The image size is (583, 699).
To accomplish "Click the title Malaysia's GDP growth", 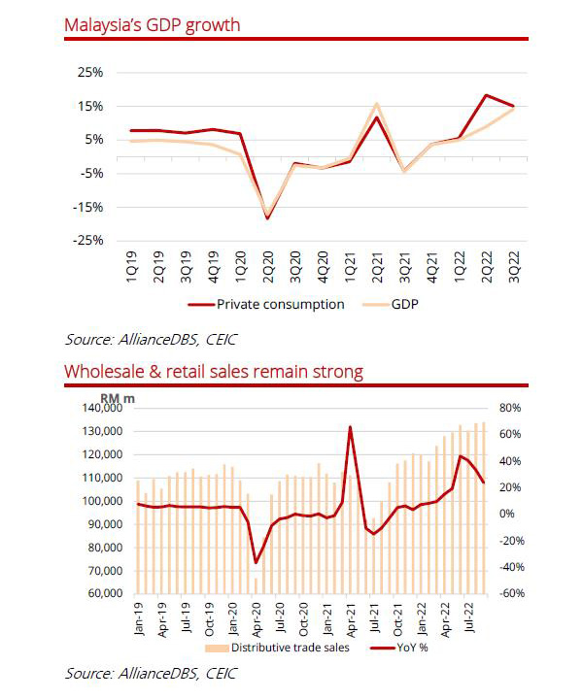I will pyautogui.click(x=152, y=23).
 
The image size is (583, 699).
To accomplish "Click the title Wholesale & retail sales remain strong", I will pyautogui.click(x=214, y=371).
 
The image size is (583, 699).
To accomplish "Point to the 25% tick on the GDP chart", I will pyautogui.click(x=91, y=73).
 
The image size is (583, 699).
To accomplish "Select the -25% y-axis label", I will pyautogui.click(x=88, y=240).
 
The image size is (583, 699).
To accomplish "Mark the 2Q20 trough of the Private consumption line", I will pyautogui.click(x=267, y=218).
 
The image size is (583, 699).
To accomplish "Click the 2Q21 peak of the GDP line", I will pyautogui.click(x=376, y=103).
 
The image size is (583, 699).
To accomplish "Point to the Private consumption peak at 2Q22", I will pyautogui.click(x=486, y=95).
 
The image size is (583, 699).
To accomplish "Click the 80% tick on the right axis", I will pyautogui.click(x=511, y=409).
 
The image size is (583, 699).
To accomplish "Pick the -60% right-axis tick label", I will pyautogui.click(x=511, y=593).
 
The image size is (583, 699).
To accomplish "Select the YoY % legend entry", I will pyautogui.click(x=411, y=648).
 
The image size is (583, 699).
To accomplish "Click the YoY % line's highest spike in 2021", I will pyautogui.click(x=349, y=426).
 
